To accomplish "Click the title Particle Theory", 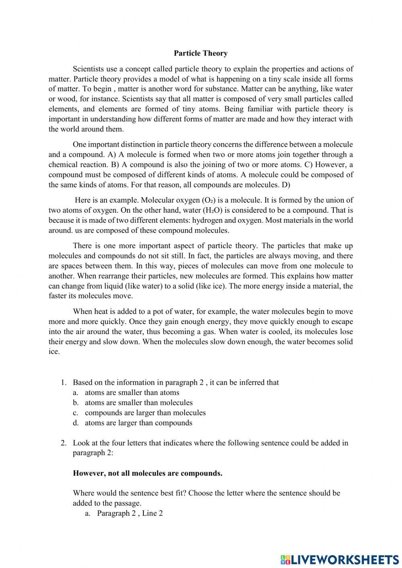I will (x=201, y=53).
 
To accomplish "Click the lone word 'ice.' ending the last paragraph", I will (x=54, y=352).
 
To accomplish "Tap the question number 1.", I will (x=63, y=383).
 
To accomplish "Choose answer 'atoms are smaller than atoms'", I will (x=132, y=393).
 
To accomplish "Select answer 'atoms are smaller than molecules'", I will (x=138, y=403).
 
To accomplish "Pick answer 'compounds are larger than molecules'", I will (x=145, y=413).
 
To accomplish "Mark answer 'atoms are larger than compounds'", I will (x=138, y=423).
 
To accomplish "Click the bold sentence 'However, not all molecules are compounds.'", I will (x=148, y=473).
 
